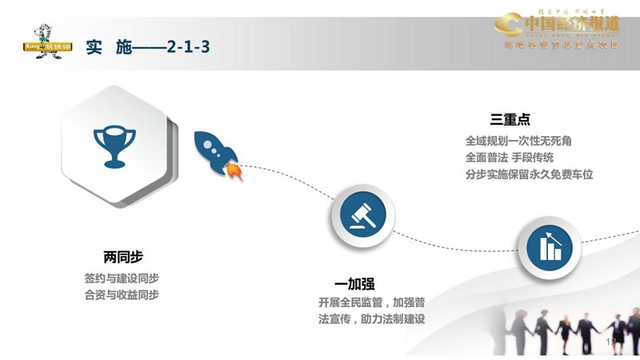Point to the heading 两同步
coord(123,258)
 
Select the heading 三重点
coord(510,120)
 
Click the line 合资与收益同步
coord(122,295)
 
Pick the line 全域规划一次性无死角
coord(518,141)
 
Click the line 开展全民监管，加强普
coord(371,303)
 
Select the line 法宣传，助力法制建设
coord(371,320)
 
